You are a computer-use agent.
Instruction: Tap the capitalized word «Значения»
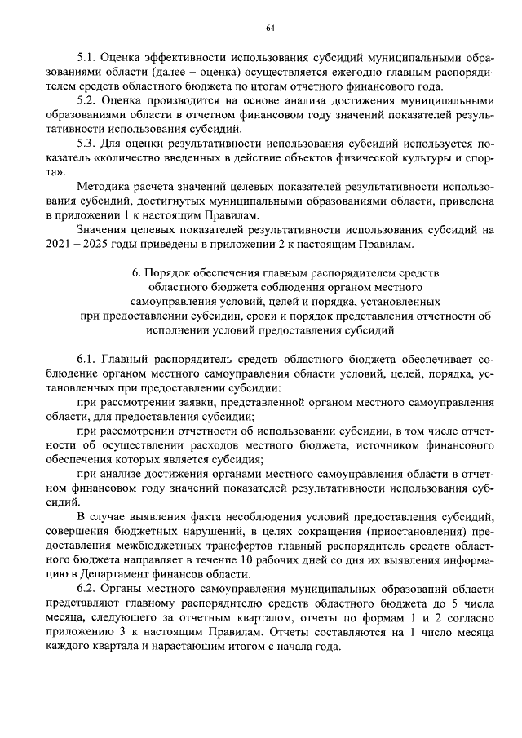click(100, 229)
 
